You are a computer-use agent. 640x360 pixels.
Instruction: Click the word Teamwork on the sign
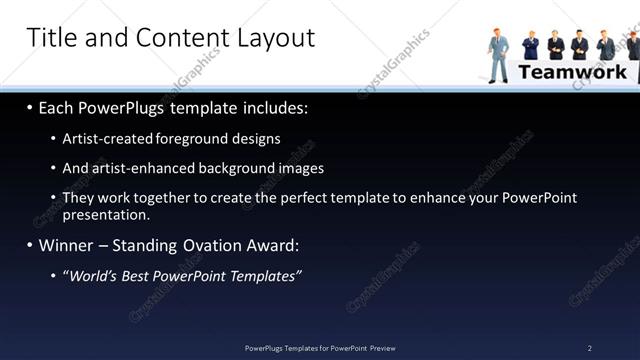pyautogui.click(x=573, y=72)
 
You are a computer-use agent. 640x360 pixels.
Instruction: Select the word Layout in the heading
pyautogui.click(x=276, y=38)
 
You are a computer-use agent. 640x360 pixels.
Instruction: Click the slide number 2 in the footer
pyautogui.click(x=590, y=348)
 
